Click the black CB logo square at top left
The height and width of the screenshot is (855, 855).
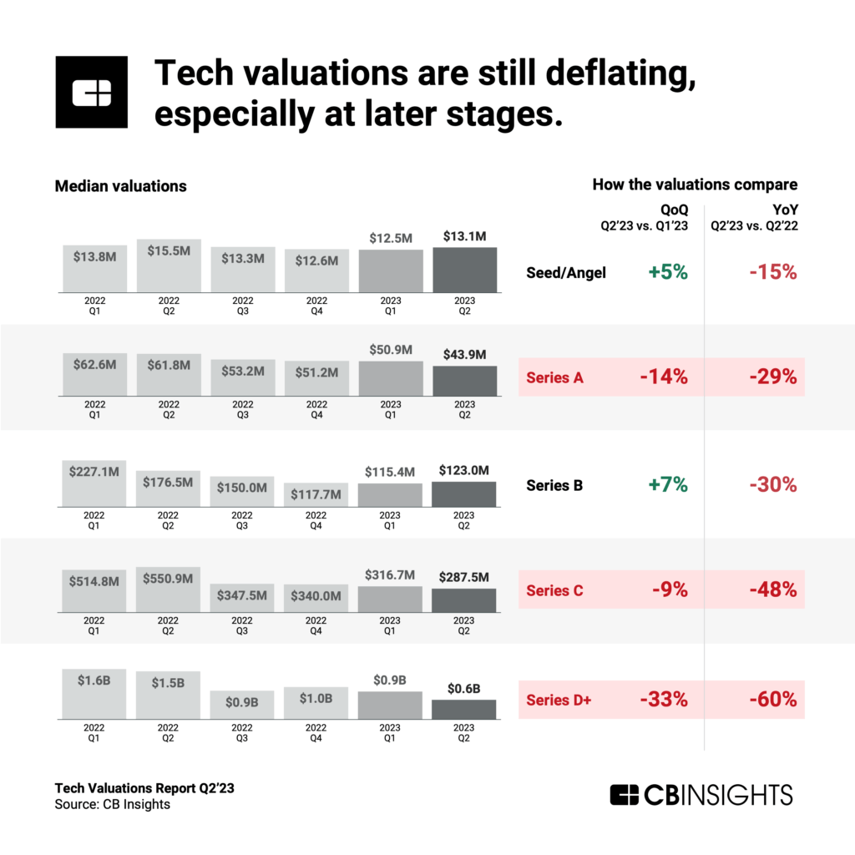tap(91, 92)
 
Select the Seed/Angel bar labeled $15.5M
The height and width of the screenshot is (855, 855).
tap(169, 266)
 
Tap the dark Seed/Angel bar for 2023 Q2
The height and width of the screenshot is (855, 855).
tap(464, 270)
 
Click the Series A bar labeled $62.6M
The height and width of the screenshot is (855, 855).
tap(94, 375)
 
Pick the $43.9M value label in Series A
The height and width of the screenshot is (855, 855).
tap(464, 354)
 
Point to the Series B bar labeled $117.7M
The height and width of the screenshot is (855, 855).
tap(316, 495)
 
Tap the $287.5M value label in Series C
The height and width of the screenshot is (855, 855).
tap(464, 576)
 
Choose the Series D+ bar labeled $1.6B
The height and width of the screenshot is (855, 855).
tap(94, 694)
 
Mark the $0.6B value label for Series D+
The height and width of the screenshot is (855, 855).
tap(464, 687)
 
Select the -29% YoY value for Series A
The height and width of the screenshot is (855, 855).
tap(772, 377)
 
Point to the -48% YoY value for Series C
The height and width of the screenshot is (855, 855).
tap(772, 590)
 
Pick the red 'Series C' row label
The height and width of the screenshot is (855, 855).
tap(554, 591)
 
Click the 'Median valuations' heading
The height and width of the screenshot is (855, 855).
tap(120, 186)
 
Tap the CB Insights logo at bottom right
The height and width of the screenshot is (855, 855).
tap(701, 794)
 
